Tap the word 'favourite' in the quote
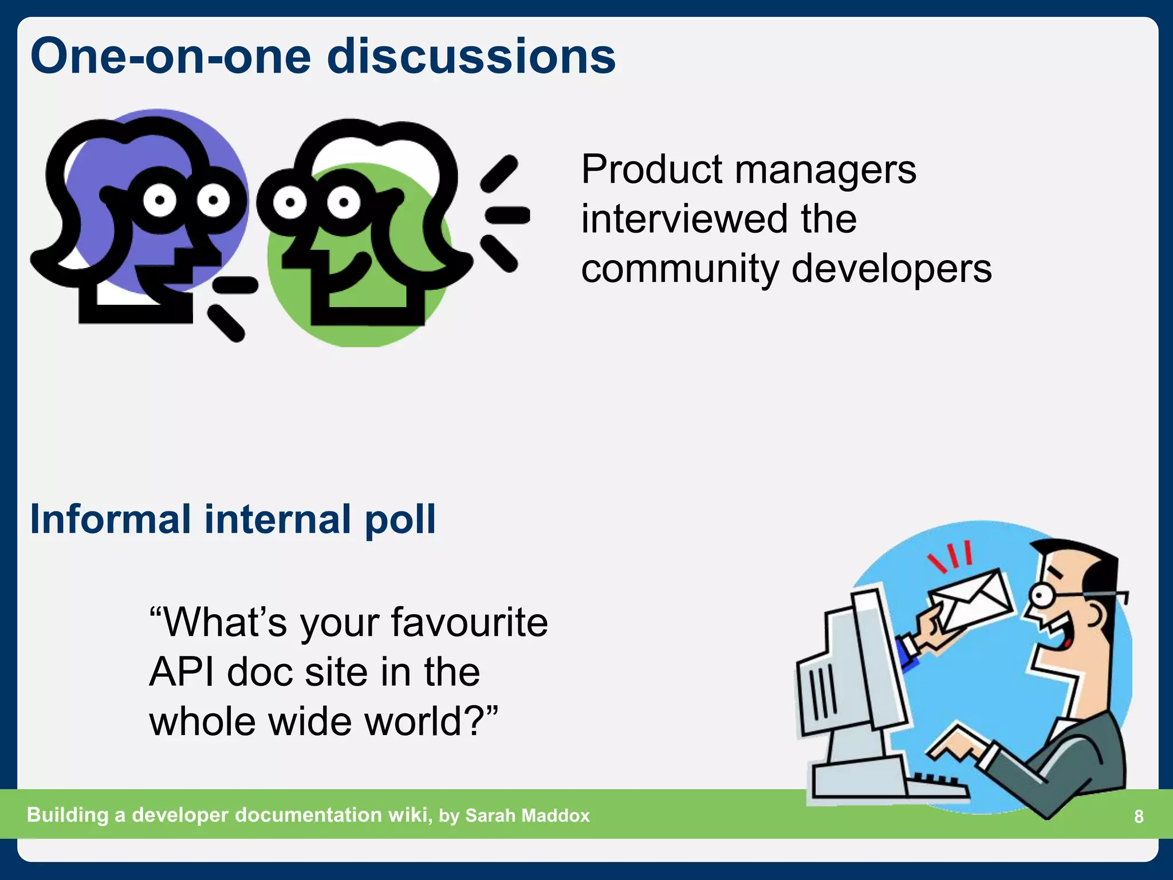(469, 622)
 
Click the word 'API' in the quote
(182, 671)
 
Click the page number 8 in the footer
(1139, 816)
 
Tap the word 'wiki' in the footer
(409, 815)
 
